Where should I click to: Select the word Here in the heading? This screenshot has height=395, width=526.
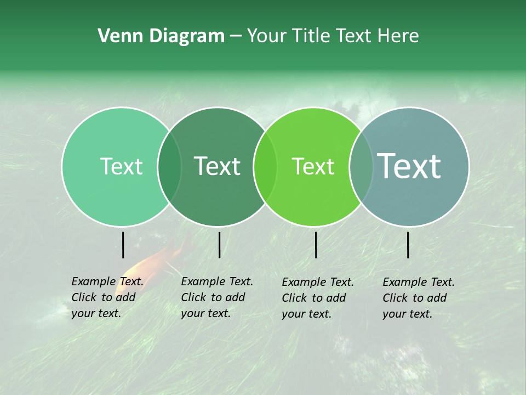398,36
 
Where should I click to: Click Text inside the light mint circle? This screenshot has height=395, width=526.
121,166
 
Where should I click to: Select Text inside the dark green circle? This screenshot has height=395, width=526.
218,166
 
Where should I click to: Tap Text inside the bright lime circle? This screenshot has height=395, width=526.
313,166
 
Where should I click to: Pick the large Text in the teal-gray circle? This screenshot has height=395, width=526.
409,166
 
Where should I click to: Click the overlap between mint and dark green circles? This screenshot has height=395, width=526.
169,167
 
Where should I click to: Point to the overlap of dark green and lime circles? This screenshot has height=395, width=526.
265,167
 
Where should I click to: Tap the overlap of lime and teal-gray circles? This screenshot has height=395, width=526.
361,167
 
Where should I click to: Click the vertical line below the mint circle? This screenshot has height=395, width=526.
123,245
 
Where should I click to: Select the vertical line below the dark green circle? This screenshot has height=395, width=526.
219,245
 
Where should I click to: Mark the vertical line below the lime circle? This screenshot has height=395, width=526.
316,245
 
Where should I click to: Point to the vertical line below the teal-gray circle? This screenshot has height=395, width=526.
408,245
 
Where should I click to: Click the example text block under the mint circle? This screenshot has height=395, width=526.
107,297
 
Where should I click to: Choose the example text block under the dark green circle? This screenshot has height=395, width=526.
216,297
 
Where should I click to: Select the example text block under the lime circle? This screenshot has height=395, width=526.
317,298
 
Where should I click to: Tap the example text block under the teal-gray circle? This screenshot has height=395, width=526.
418,298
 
